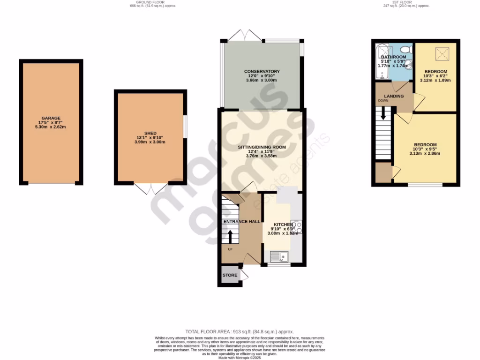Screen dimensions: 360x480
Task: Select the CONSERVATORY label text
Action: point(262,71)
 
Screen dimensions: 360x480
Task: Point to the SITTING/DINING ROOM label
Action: point(262,147)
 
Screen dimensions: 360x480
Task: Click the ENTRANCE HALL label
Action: point(242,221)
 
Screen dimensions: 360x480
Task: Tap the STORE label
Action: point(230,275)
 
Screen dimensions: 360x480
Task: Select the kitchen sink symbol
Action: point(280,256)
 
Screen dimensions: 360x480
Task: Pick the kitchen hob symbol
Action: point(296,227)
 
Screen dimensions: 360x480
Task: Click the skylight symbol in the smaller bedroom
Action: point(440,54)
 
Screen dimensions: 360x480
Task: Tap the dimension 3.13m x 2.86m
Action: point(425,153)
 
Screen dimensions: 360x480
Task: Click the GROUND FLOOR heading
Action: point(143,2)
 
